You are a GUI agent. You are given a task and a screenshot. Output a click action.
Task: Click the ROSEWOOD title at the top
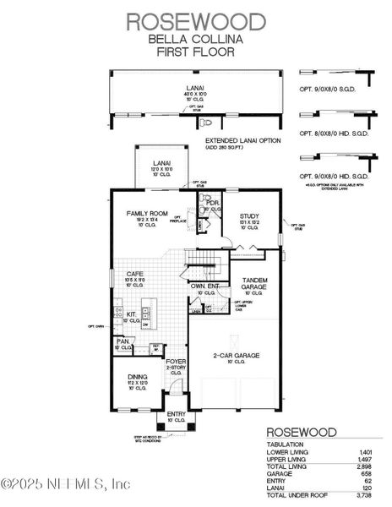pos(196,20)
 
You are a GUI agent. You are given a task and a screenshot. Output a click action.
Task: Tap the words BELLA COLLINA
pos(196,39)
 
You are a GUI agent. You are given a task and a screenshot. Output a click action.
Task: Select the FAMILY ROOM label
pos(147,214)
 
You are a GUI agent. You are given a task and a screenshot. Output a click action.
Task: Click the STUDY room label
pos(248,216)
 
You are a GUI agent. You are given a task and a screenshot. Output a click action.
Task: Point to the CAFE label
pos(135,274)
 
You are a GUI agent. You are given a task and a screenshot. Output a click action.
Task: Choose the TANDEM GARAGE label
pos(254,283)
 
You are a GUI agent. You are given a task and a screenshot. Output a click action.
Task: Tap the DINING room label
pos(137,377)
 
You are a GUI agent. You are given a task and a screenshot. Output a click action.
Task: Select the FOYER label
pos(175,361)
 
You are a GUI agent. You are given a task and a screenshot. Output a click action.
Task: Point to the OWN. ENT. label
pos(205,287)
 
